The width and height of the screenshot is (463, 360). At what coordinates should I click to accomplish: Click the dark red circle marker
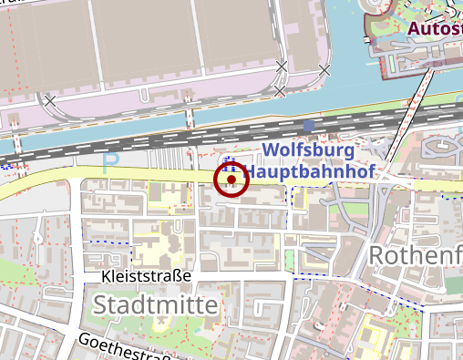pos(231,180)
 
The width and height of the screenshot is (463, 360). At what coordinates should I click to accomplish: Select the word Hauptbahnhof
pos(311,170)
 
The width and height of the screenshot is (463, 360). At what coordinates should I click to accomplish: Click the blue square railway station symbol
pos(310,125)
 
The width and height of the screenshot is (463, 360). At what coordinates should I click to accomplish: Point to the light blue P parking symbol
pos(111,164)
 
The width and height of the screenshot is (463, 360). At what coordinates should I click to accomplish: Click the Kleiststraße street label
pos(146,275)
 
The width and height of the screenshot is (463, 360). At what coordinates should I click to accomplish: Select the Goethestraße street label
pos(119,347)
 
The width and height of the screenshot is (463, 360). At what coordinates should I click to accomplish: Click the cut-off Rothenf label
pos(415,256)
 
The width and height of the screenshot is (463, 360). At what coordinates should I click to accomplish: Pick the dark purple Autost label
pos(435,28)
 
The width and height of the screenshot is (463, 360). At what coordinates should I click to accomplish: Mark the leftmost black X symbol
pos(49,100)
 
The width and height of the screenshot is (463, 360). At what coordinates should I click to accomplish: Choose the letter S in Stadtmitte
pos(101,303)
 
